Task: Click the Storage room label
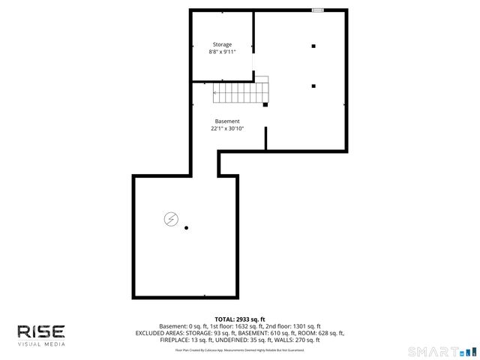pos(222,45)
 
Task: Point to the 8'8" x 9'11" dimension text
pos(222,52)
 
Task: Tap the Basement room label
pos(227,121)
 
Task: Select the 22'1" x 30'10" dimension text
pos(227,129)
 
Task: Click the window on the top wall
pos(318,10)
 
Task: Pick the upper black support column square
pos(313,46)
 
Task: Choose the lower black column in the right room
pos(313,85)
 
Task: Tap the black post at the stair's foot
pos(265,105)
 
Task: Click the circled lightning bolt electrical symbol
pos(171,218)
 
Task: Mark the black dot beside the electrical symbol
pos(187,228)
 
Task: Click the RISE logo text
pos(41,331)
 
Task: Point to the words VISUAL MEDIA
pos(41,344)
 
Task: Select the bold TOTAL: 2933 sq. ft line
pos(240,319)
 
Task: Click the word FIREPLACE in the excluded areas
pos(175,340)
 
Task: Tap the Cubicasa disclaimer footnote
pos(240,350)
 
